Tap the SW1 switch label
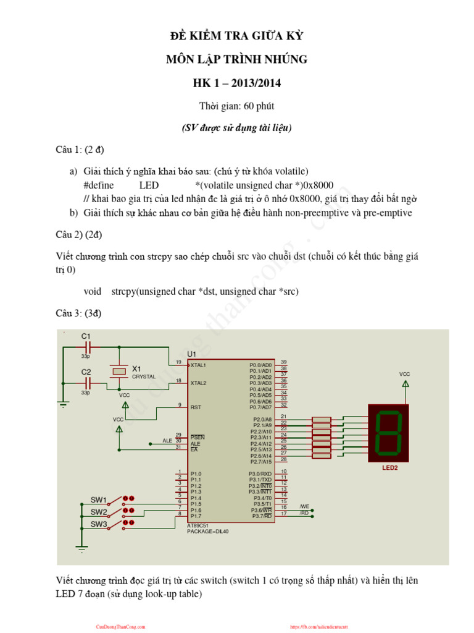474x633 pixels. point(99,500)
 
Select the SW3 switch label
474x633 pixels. point(99,524)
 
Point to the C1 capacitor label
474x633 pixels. point(86,336)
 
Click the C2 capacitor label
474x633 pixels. point(86,372)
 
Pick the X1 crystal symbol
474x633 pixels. point(119,372)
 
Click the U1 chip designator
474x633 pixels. point(191,354)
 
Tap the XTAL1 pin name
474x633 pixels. point(199,365)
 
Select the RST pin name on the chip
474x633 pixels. point(196,407)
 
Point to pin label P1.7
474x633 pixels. point(196,516)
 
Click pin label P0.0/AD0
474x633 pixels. point(260,365)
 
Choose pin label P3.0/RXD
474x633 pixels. point(260,474)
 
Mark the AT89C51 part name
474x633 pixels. point(199,525)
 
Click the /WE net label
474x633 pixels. point(304,506)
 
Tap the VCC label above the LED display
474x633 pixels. point(404,374)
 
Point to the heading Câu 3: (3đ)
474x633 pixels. point(78,313)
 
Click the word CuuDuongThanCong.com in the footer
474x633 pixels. point(120,626)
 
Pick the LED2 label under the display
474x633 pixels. point(390,468)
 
